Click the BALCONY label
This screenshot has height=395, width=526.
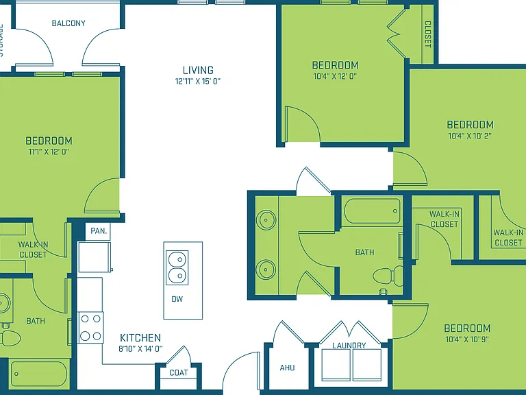[x=68, y=23]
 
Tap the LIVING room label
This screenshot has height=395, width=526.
[x=198, y=70]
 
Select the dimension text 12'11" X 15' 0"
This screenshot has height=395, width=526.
[x=198, y=82]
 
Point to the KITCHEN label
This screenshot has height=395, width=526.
[x=140, y=337]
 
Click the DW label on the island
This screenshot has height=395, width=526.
[x=177, y=299]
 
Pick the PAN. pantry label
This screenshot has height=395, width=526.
[x=99, y=231]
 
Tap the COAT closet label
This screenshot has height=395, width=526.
[x=179, y=372]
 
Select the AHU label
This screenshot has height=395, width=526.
[x=287, y=368]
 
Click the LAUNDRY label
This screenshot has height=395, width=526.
[x=349, y=346]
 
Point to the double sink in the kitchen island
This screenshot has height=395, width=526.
[x=177, y=267]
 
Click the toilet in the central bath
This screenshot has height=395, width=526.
[x=388, y=276]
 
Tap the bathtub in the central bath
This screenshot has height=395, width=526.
[x=373, y=211]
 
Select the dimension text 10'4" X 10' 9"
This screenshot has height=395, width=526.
[x=467, y=339]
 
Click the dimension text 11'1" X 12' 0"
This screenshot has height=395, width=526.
[x=49, y=152]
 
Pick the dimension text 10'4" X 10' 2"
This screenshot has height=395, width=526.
[x=470, y=136]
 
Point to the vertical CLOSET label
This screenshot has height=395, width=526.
[x=428, y=34]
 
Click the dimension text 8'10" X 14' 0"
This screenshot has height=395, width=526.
[x=140, y=349]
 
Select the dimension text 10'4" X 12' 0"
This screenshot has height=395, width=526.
[x=335, y=76]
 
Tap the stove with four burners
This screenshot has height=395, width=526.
[x=90, y=327]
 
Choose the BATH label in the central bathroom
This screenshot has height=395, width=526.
[x=364, y=252]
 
